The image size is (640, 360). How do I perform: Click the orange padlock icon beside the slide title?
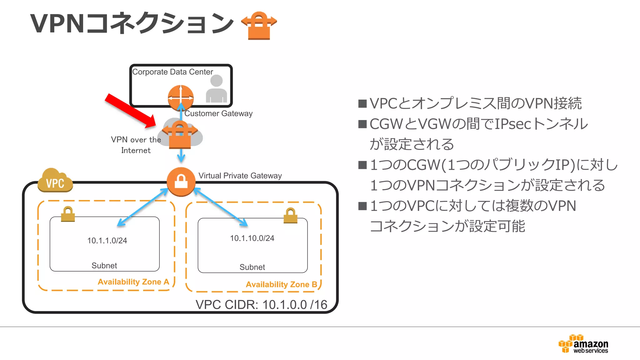(x=259, y=26)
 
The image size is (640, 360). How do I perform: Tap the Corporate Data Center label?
(x=172, y=72)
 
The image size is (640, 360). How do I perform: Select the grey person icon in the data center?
(x=216, y=89)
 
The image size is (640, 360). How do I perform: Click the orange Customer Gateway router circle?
(x=181, y=97)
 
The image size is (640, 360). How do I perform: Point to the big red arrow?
(x=129, y=111)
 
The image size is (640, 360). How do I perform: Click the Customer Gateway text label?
(x=218, y=113)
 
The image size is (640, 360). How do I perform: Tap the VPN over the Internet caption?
(x=136, y=145)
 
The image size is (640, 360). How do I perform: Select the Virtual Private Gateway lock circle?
(x=181, y=182)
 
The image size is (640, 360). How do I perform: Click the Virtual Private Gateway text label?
(x=240, y=176)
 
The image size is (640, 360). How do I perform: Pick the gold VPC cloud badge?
(x=55, y=181)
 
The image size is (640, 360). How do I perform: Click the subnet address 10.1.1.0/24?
(x=107, y=241)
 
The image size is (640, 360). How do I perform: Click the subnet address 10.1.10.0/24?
(x=252, y=238)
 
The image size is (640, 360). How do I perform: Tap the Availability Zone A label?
(x=133, y=282)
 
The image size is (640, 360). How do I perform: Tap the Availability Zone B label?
(x=281, y=284)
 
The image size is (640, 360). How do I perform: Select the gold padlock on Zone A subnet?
(x=68, y=214)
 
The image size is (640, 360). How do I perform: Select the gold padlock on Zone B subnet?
(x=290, y=216)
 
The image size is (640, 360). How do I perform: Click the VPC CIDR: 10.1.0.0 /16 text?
(x=261, y=305)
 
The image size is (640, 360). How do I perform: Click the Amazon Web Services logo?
(x=583, y=344)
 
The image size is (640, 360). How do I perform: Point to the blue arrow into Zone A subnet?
(x=142, y=207)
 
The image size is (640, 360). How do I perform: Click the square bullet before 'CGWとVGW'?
(x=362, y=124)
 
